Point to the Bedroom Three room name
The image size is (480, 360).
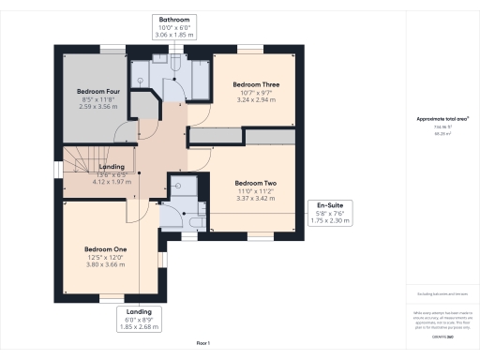coord(252,84)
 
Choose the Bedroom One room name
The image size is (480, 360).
coord(104,248)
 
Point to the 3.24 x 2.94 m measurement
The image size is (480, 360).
coord(252,99)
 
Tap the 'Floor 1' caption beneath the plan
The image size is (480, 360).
coord(202,344)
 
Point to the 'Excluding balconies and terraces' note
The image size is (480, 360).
coord(442,294)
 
